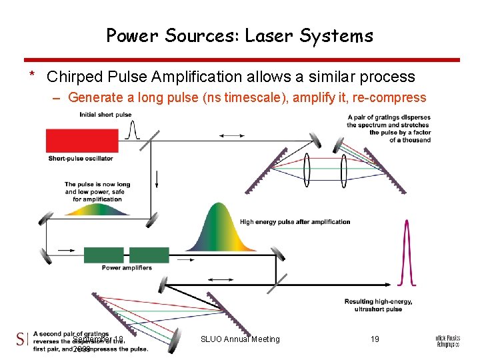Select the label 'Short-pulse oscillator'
[81, 159]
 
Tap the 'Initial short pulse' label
[105, 115]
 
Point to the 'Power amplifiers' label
[127, 268]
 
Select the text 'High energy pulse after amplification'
[295, 222]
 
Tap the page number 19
[375, 339]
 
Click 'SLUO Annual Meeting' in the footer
[240, 339]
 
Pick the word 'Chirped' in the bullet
[72, 77]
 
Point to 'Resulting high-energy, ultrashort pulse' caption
[378, 305]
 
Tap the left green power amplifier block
[104, 255]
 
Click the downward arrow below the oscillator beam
[156, 179]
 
